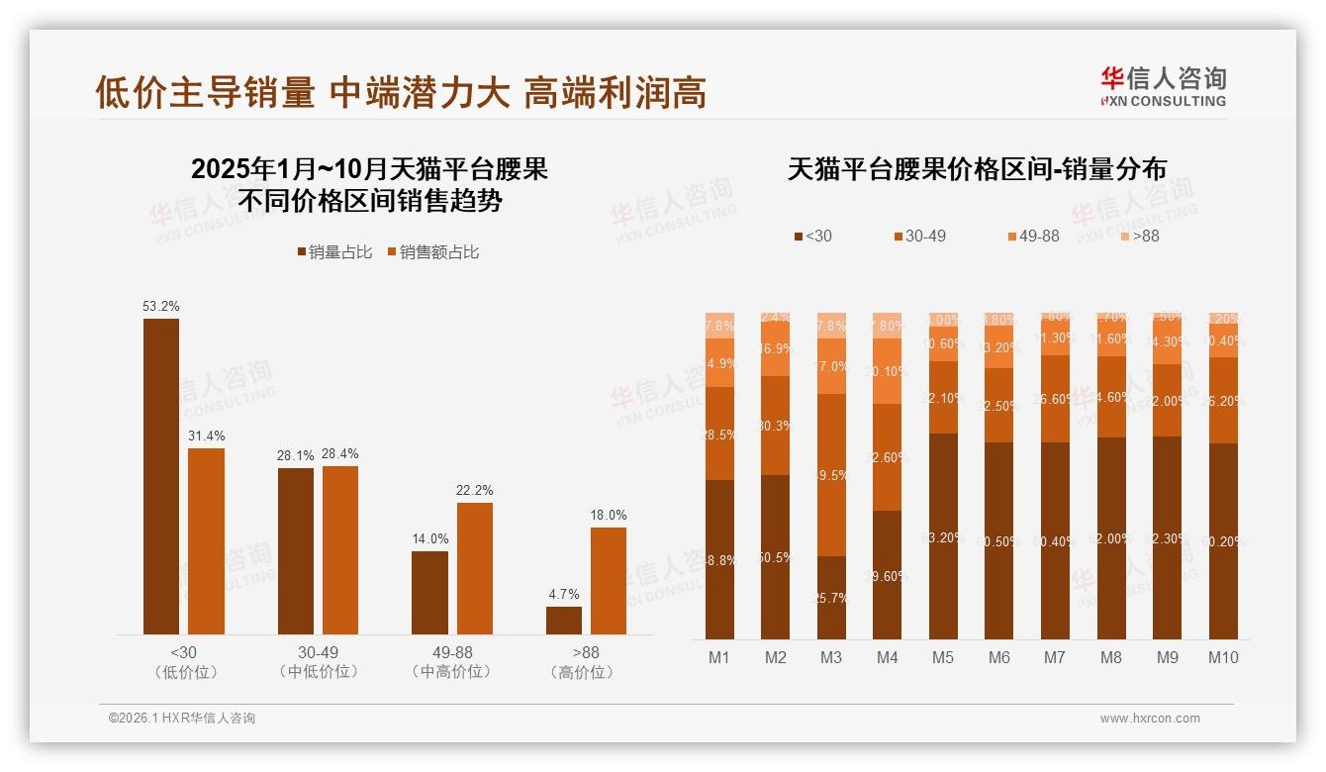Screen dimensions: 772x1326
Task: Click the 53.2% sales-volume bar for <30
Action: (161, 476)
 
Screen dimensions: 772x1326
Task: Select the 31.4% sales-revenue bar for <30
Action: (206, 541)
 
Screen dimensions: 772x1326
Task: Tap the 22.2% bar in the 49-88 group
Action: (474, 568)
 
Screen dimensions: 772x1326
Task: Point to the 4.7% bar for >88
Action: (564, 621)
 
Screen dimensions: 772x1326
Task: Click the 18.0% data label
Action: (609, 516)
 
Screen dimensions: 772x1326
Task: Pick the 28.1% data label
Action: (295, 456)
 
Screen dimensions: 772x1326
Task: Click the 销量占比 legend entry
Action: (334, 252)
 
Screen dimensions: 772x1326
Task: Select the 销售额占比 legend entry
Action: (433, 252)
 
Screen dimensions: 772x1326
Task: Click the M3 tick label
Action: (831, 657)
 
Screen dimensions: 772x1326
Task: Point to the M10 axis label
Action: (1223, 657)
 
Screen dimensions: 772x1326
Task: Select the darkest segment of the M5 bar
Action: (943, 536)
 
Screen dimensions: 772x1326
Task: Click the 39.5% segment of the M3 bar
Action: (831, 475)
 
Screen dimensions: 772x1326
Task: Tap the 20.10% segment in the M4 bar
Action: (887, 371)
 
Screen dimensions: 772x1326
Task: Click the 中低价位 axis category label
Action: (319, 672)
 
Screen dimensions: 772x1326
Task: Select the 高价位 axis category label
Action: (586, 672)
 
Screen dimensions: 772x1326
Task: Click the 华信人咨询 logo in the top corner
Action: (1163, 86)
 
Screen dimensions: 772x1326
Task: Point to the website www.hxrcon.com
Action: (1150, 719)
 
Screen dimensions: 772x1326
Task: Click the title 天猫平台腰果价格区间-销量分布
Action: (977, 169)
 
